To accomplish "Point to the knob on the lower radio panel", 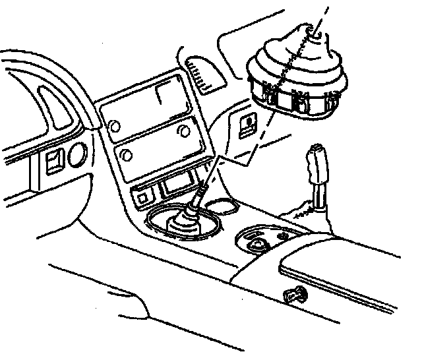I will [125, 156].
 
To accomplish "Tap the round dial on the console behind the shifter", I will [256, 241].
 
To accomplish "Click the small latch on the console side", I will [293, 295].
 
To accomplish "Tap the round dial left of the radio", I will [76, 154].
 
